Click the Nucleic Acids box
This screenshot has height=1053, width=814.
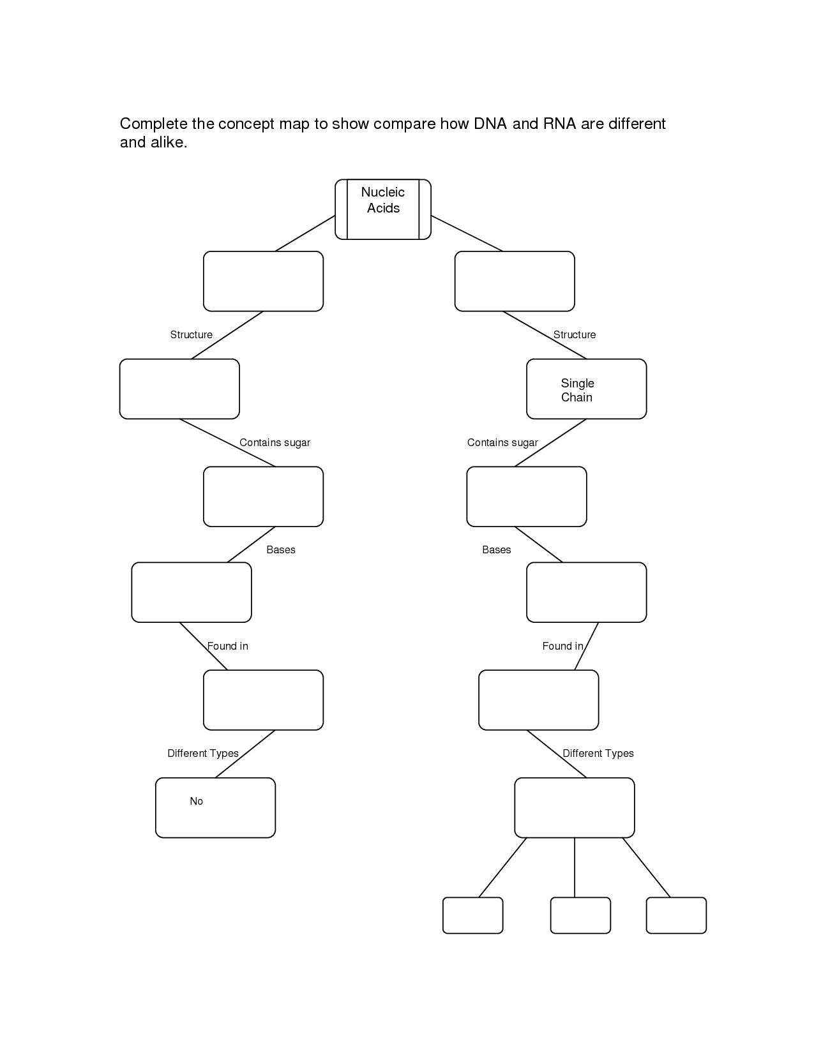[382, 209]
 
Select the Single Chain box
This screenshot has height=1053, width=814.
[586, 389]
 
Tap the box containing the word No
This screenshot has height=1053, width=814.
[215, 807]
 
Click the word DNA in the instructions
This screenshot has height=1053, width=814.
[490, 124]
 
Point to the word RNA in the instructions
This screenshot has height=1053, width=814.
[559, 124]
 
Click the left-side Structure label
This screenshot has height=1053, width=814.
[191, 335]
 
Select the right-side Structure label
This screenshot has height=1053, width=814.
[575, 335]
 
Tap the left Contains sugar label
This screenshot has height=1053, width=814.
[275, 443]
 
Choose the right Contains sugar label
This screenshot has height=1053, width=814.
[502, 443]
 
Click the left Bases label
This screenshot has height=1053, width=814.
[281, 550]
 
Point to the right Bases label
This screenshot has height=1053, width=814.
[497, 550]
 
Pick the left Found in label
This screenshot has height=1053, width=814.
[227, 646]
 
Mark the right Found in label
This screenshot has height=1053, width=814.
[562, 646]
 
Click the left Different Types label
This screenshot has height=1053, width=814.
[203, 754]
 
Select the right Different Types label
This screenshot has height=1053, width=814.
[598, 754]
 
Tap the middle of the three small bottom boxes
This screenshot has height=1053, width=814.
[580, 915]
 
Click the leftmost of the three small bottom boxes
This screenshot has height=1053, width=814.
[472, 915]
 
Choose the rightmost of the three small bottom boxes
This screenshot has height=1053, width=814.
[676, 915]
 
